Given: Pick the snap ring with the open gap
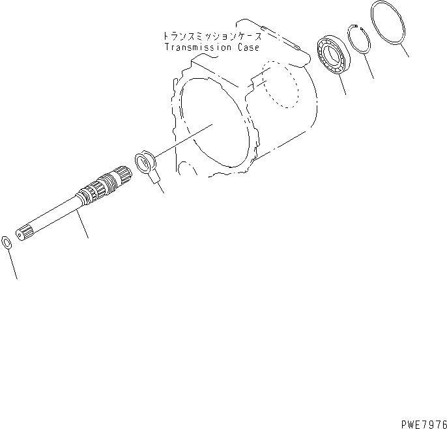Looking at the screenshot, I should pyautogui.click(x=360, y=42).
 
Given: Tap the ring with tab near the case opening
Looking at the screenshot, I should pyautogui.click(x=145, y=163).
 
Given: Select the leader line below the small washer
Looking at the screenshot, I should pyautogui.click(x=12, y=264).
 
